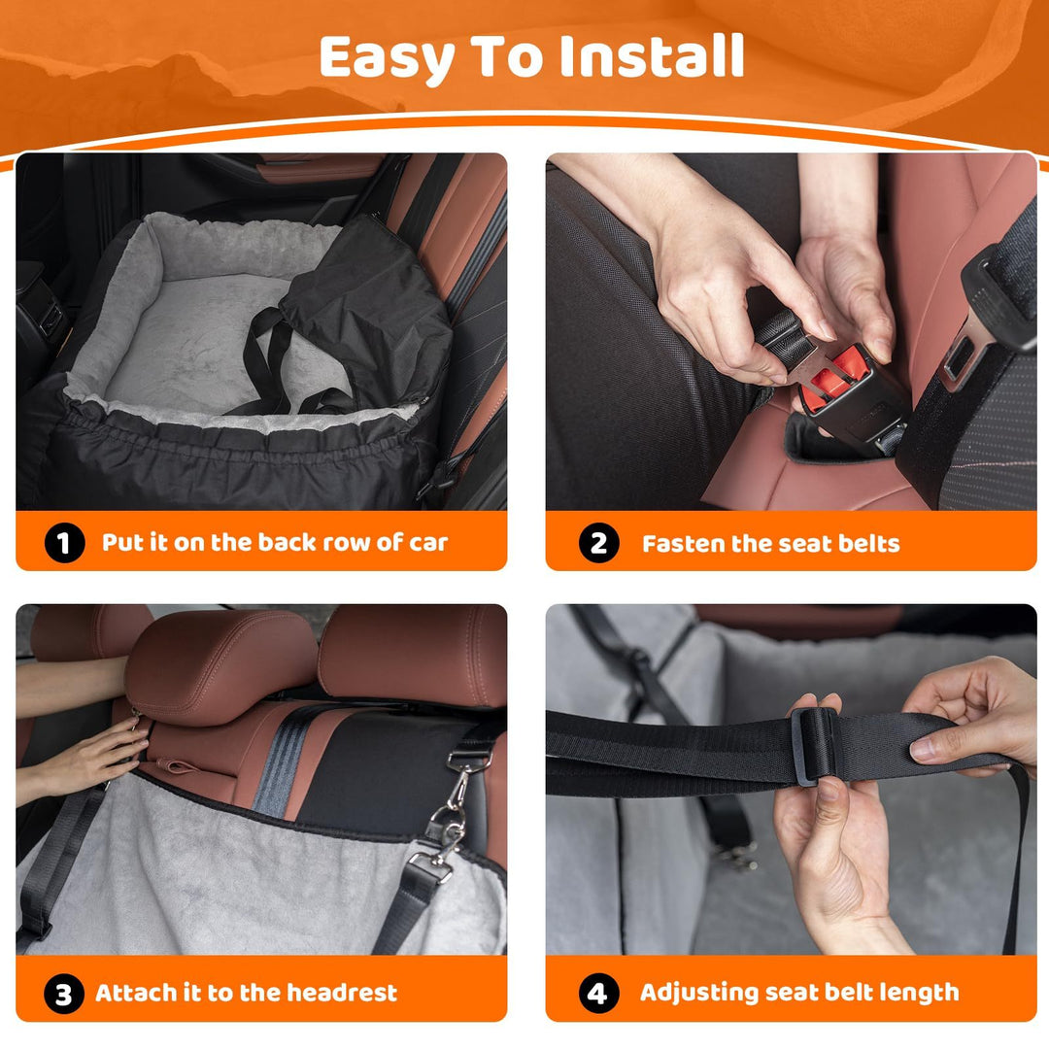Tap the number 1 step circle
pyautogui.click(x=63, y=543)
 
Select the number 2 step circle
pyautogui.click(x=598, y=543)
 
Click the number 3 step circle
pyautogui.click(x=63, y=994)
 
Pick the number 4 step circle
pyautogui.click(x=598, y=994)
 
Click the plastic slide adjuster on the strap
pyautogui.click(x=812, y=745)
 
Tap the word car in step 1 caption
pyautogui.click(x=427, y=543)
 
